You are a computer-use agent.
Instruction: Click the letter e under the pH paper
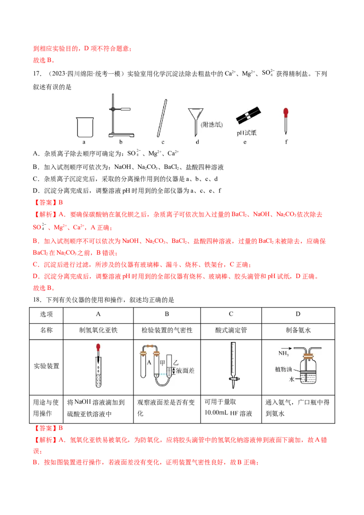pos(245,142)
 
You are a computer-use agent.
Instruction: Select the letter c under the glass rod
pos(162,142)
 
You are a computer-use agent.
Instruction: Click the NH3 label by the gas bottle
pos(284,353)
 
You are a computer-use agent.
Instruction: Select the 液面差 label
pos(185,371)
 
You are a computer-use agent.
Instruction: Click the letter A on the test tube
pos(149,362)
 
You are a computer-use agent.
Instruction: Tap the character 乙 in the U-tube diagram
pos(176,362)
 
